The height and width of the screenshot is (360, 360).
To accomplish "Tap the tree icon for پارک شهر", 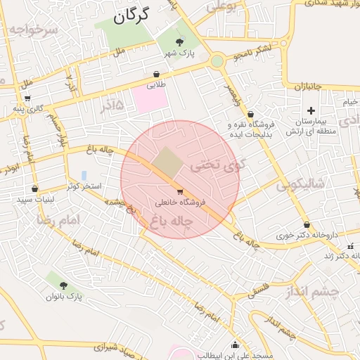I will tap(170, 43).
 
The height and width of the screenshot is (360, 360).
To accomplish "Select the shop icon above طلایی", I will tap(155, 74).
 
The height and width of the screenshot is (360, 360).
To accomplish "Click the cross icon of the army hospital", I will tap(311, 110).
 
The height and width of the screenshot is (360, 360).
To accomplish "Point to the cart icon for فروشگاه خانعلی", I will tap(180, 191).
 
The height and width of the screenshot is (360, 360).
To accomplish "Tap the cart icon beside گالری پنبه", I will tap(27, 98).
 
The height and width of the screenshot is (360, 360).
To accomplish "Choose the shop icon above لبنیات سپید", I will tap(34, 188).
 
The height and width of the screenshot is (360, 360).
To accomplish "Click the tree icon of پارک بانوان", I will tap(64, 285).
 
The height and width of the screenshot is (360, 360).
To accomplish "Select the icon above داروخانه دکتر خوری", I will tap(306, 225).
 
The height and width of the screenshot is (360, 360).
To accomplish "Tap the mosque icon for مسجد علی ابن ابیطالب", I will tap(235, 345).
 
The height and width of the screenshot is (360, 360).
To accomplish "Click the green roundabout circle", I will tap(217, 61).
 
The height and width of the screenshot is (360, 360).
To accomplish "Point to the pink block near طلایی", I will tap(150, 99).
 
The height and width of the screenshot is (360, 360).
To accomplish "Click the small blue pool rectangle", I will tap(84, 175).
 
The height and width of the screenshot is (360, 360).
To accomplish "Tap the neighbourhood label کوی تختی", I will tap(211, 167).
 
